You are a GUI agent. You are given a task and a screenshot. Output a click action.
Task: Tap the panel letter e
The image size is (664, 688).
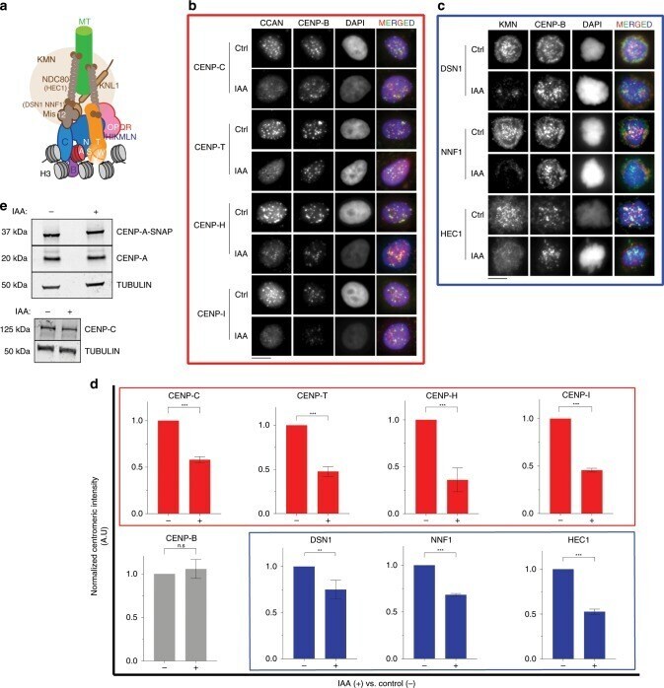pyautogui.click(x=6, y=209)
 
